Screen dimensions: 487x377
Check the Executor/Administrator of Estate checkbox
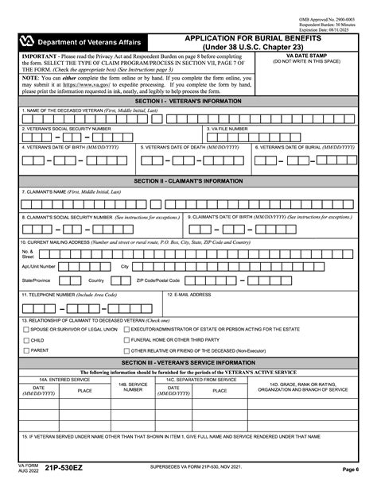[126, 328]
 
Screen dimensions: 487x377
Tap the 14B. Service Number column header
[133, 385]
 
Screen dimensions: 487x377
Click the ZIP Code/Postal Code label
[157, 280]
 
